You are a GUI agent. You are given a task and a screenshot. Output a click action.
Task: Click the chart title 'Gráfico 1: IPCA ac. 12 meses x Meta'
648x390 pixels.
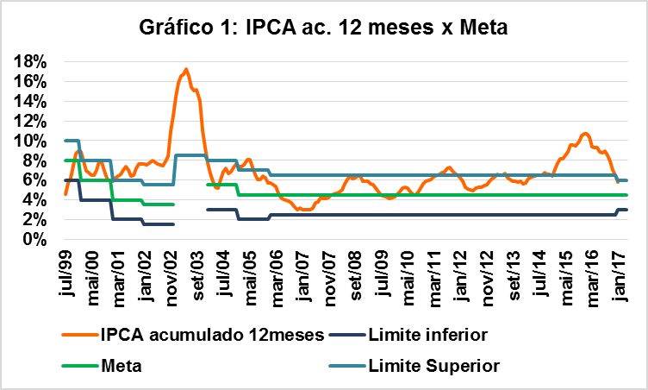pos(324,28)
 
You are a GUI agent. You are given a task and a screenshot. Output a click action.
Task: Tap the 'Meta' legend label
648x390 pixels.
pos(121,366)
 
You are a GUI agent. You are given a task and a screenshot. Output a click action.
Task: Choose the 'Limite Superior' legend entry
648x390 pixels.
pos(433,366)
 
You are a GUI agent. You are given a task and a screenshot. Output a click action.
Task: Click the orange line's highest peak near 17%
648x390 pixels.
pos(186,70)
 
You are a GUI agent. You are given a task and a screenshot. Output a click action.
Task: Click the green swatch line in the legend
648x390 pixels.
pos(80,366)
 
